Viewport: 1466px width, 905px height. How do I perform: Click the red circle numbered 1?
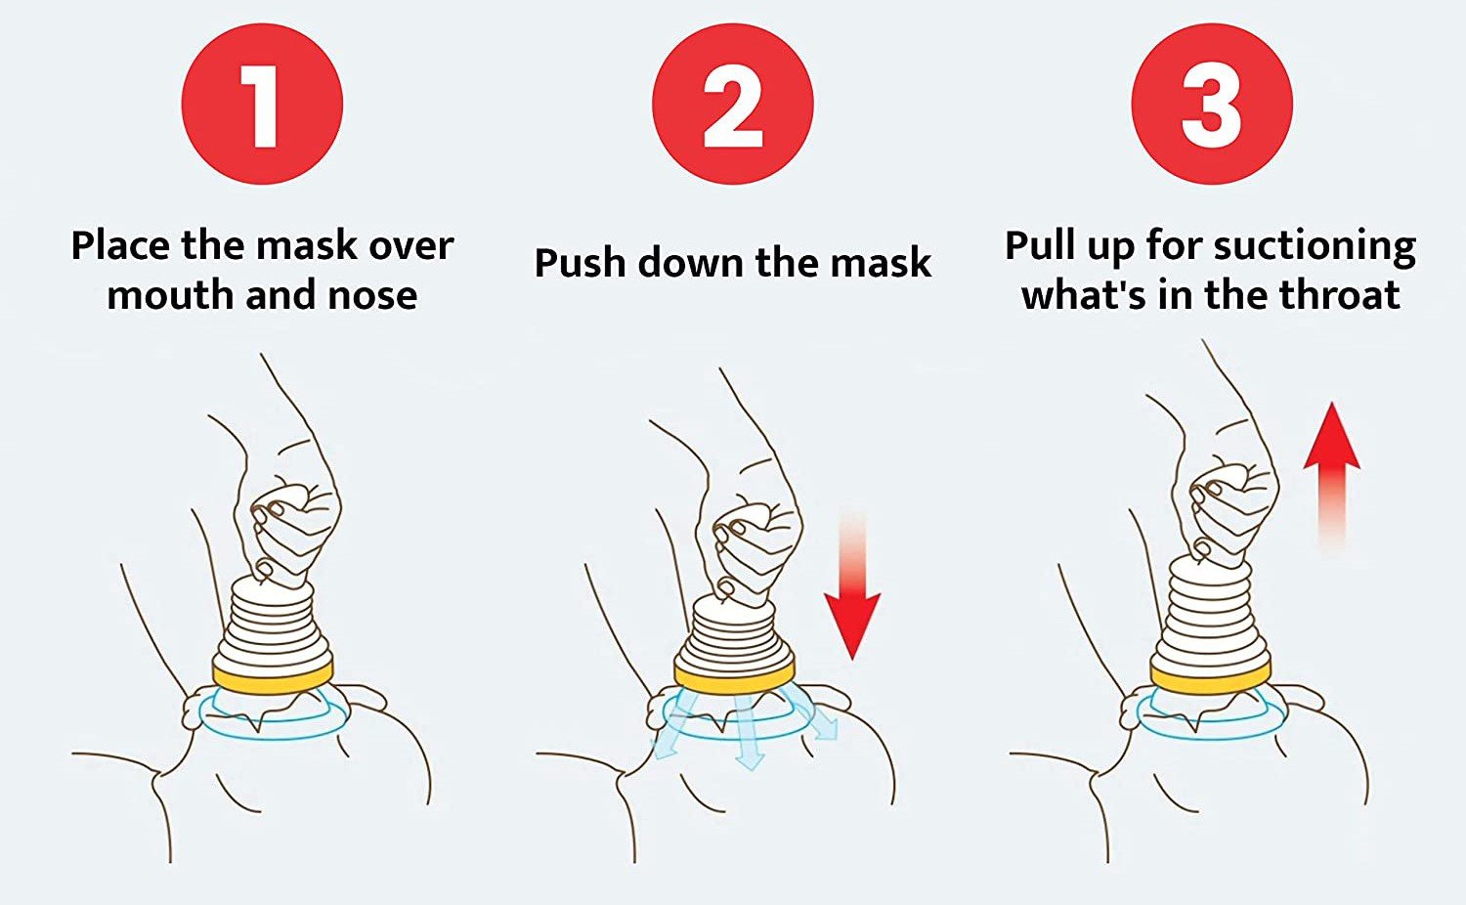point(263,104)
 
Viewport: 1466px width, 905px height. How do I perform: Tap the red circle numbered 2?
point(733,104)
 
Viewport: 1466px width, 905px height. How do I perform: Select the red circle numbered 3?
point(1212,104)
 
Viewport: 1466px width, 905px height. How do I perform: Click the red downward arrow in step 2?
point(851,585)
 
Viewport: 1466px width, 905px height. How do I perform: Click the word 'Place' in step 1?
point(121,246)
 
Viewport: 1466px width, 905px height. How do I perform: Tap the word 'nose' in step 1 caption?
point(372,296)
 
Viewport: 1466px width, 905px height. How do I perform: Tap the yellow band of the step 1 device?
point(273,677)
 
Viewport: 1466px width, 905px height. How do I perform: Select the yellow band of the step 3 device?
point(1211,677)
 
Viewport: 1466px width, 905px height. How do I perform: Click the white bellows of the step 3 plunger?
point(1211,615)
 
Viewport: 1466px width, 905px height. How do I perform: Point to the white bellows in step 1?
point(273,625)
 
